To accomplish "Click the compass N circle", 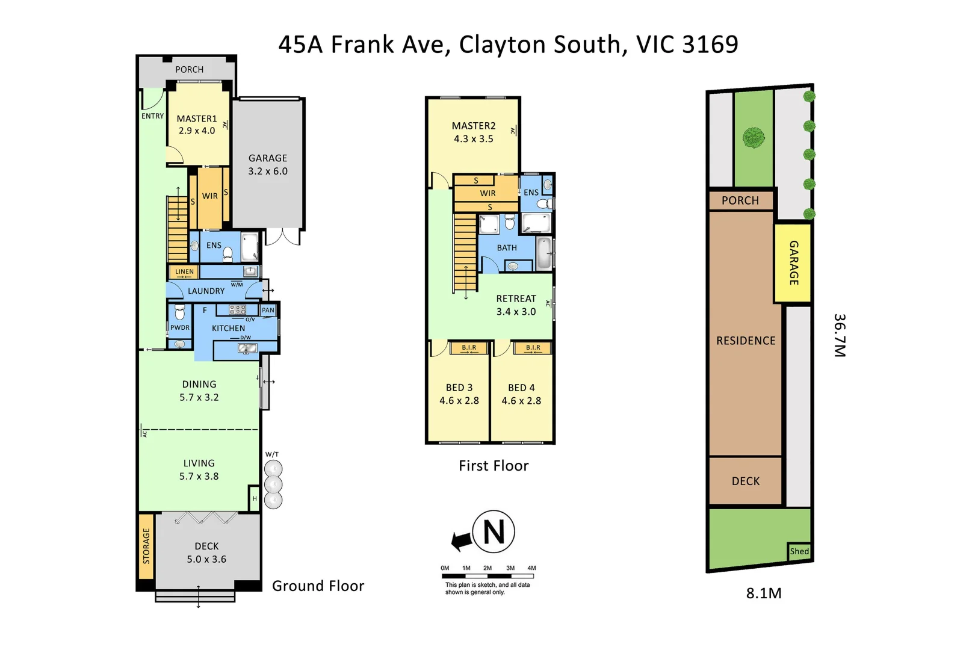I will click(494, 532).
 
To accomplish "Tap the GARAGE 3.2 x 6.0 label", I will click(268, 164).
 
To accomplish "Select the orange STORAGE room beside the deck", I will click(146, 546).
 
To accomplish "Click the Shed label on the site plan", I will click(799, 551).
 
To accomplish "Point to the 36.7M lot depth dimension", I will click(840, 335).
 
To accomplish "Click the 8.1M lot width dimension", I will click(764, 593).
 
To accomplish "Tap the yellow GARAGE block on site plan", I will click(793, 262).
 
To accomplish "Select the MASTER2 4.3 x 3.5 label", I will click(474, 132).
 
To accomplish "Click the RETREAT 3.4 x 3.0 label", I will click(516, 305).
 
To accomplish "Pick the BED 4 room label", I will click(521, 394).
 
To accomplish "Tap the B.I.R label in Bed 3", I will click(469, 348).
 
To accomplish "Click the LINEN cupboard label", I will click(184, 272).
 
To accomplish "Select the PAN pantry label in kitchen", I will click(268, 311).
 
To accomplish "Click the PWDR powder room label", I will click(179, 328).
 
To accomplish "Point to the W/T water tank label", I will click(272, 454).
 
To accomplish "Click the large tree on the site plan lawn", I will click(754, 138).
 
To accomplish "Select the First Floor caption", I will click(494, 466).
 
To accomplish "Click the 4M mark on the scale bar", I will click(531, 568).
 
